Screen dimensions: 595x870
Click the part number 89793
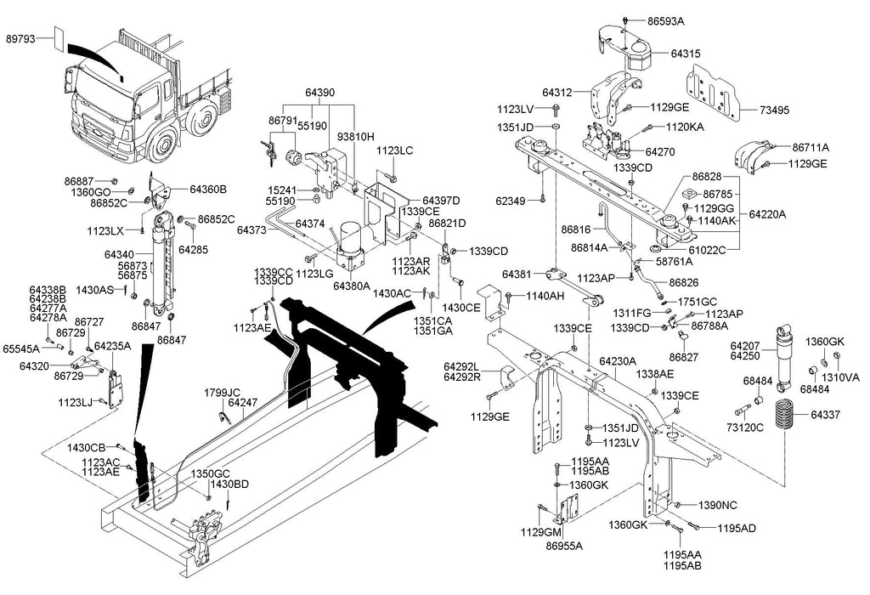[x=22, y=38]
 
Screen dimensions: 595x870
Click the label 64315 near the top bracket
[x=686, y=54]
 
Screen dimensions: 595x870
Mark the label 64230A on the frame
[x=619, y=361]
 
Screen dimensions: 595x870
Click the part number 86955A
[x=565, y=546]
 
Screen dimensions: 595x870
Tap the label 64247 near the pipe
[x=243, y=402]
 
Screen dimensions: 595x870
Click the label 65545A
[x=20, y=348]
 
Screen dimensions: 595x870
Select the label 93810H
[x=356, y=136]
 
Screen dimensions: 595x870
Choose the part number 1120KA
[x=685, y=127]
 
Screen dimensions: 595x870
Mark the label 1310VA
[x=840, y=377]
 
